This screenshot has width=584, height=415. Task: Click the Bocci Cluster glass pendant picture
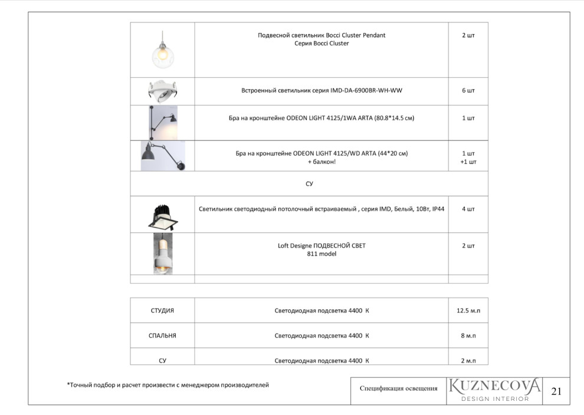[162, 51]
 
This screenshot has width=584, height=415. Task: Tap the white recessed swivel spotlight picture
[162, 91]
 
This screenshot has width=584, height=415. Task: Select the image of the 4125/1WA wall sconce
[162, 123]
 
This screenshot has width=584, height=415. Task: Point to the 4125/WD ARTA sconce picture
[162, 156]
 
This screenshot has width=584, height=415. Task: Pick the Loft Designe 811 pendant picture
[162, 253]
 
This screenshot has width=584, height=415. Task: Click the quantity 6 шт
[468, 91]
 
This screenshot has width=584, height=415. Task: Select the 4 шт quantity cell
[468, 209]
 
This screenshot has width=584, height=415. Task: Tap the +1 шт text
[468, 162]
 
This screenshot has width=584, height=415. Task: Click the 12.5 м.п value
[468, 310]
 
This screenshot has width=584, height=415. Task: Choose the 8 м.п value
[468, 335]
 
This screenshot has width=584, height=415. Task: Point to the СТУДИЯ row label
[162, 310]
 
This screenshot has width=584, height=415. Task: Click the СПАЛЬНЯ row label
[162, 335]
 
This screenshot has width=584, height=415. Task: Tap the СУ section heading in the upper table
[309, 184]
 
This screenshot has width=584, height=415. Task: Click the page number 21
[556, 391]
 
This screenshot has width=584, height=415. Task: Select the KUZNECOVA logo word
[494, 386]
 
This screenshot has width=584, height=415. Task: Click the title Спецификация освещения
[398, 388]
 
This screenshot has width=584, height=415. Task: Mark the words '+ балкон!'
[321, 162]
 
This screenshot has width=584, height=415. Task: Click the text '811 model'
[321, 254]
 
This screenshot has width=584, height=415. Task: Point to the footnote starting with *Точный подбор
[168, 385]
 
